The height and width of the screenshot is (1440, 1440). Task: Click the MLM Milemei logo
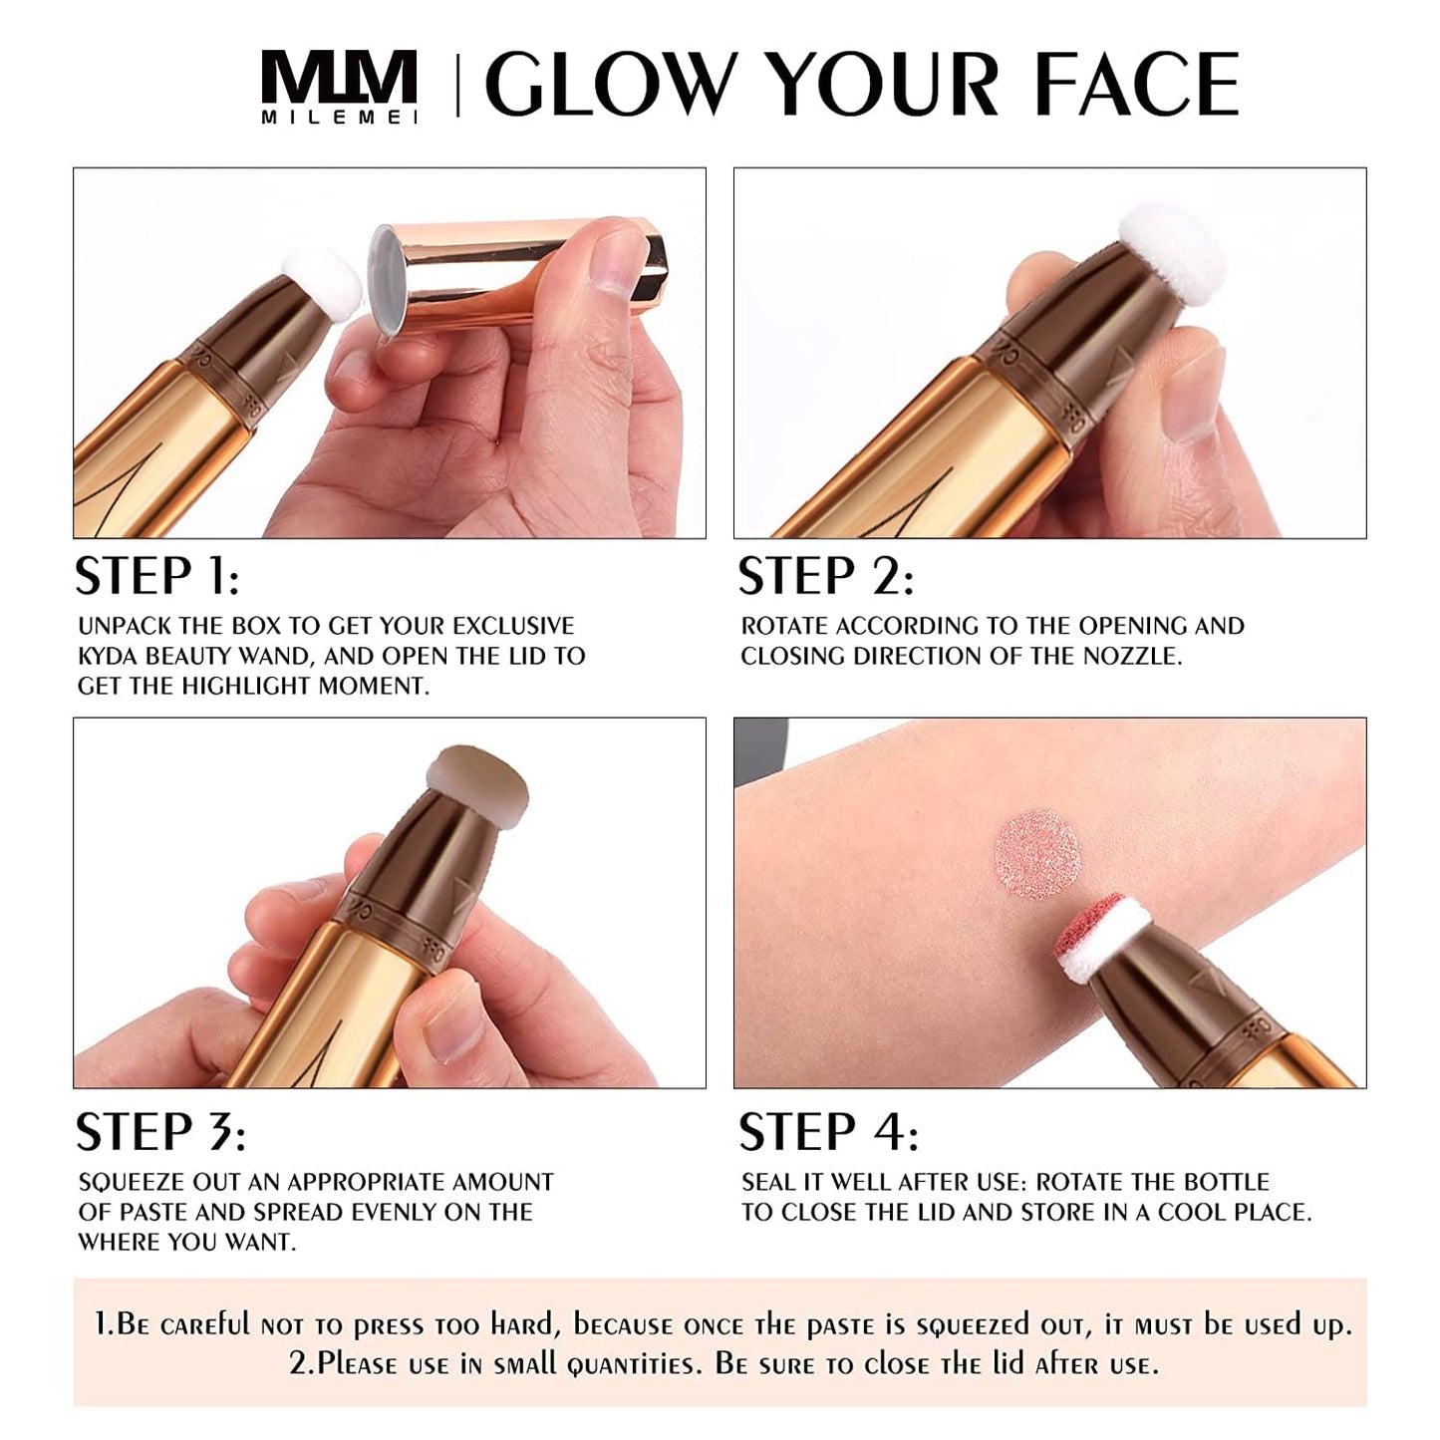(x=339, y=87)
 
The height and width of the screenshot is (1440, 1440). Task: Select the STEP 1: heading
(x=157, y=577)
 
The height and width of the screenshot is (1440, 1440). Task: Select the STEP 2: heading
(x=825, y=577)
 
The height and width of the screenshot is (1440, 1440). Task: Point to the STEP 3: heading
(x=160, y=1132)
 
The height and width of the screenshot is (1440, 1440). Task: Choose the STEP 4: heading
(x=828, y=1132)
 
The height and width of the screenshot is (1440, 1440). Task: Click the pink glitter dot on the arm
(x=1036, y=855)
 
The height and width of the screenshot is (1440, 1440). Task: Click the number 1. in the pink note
(x=105, y=1324)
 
